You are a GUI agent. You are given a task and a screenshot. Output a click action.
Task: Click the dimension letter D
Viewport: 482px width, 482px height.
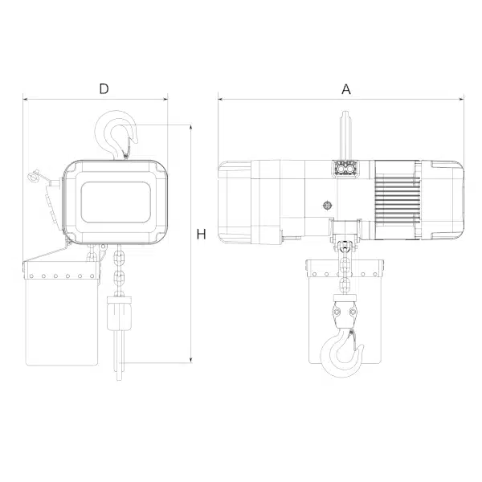[x=104, y=88]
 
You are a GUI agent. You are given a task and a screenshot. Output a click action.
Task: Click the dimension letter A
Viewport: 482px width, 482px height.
[x=346, y=89]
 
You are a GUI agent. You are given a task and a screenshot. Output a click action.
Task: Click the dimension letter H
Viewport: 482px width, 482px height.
[x=201, y=235]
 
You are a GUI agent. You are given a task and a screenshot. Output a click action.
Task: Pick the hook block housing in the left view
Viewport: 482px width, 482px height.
[x=119, y=313]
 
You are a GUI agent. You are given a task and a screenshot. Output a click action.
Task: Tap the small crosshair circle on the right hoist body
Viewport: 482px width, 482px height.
[x=328, y=206]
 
